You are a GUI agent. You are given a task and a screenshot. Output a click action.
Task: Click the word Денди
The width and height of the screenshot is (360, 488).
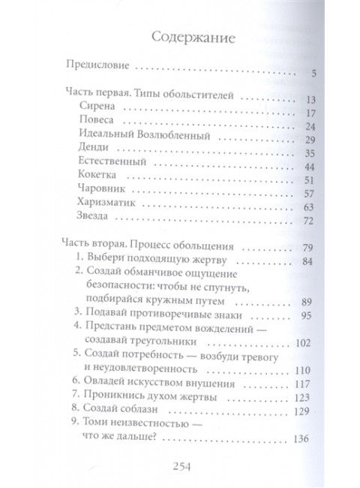click(x=94, y=155)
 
